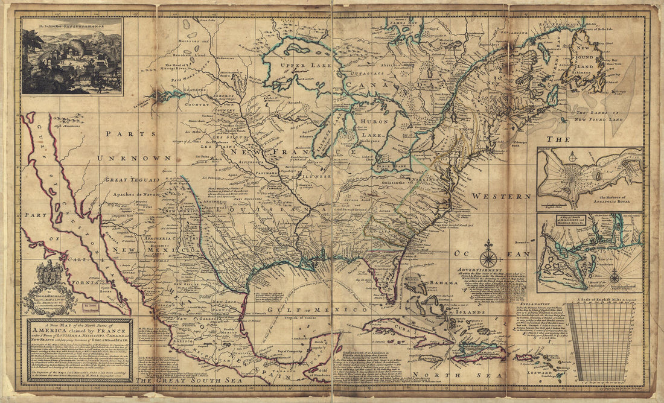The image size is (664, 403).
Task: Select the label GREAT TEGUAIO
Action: pyautogui.click(x=132, y=179)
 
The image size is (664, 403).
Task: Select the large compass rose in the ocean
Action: pyautogui.click(x=489, y=254)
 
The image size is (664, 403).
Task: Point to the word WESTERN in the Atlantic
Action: pyautogui.click(x=502, y=196)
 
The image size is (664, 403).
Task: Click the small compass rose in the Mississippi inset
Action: pyautogui.click(x=615, y=277)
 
